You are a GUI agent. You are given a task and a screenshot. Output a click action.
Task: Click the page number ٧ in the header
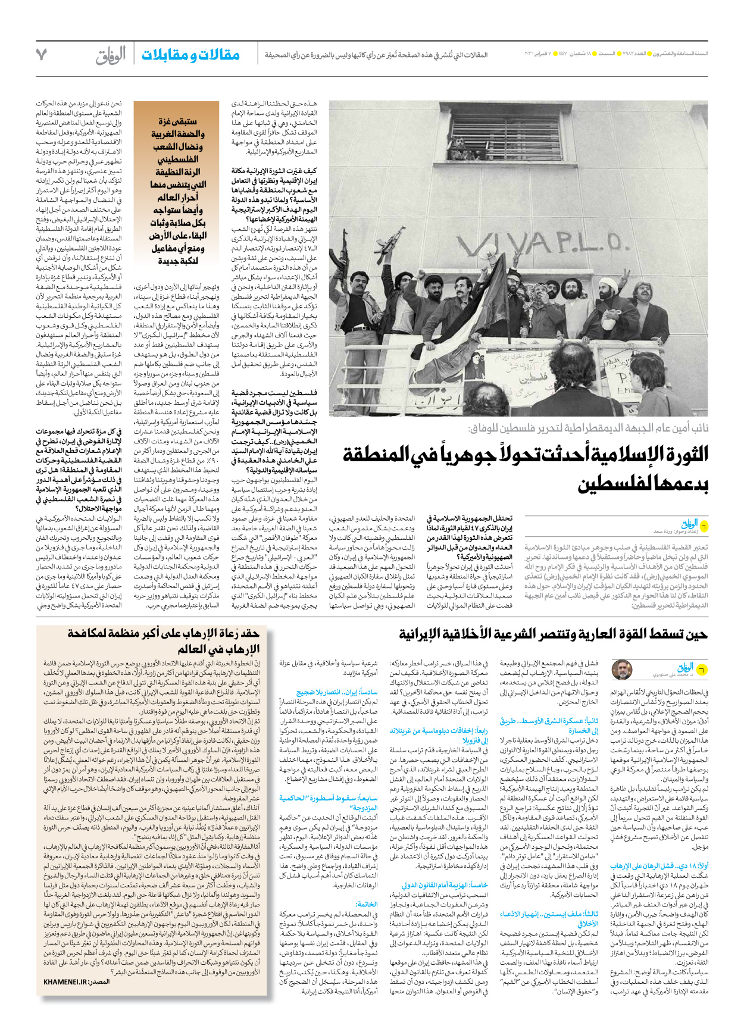pos(41,54)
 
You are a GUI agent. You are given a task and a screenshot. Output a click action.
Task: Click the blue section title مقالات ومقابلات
pos(190,55)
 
